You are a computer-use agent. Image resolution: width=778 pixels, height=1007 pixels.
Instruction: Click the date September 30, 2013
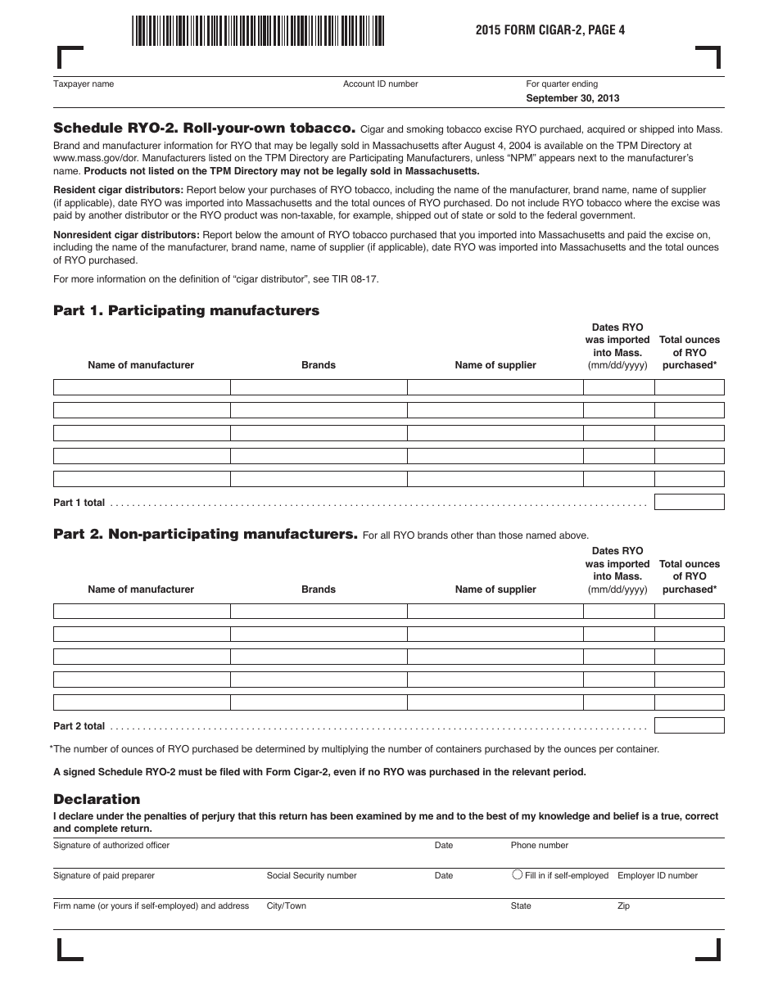572,98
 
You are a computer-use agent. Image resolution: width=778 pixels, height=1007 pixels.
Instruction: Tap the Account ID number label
380,84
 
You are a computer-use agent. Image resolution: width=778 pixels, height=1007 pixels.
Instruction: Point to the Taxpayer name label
84,84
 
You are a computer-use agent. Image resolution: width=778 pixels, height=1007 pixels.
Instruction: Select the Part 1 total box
689,502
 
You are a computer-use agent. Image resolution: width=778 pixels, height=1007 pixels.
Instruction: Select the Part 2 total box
689,725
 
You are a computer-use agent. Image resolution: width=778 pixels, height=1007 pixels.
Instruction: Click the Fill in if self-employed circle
517,874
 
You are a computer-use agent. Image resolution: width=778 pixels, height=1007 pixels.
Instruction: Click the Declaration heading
97,799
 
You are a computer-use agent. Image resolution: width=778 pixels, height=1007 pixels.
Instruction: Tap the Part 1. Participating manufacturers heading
186,310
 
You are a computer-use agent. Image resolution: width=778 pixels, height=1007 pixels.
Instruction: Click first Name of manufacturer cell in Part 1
142,387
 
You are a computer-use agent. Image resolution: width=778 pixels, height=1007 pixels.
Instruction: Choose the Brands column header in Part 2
319,589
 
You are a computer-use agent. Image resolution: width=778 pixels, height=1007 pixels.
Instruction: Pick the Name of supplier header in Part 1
495,365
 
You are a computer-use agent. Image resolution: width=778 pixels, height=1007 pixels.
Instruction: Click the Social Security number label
311,875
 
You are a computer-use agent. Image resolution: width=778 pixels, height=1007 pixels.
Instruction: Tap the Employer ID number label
658,875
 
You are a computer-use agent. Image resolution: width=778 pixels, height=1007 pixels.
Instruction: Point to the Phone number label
539,845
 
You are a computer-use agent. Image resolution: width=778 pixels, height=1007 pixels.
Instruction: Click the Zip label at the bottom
623,906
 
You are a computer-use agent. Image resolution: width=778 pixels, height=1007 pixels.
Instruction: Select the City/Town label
286,906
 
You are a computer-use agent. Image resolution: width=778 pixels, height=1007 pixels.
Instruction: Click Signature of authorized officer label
111,845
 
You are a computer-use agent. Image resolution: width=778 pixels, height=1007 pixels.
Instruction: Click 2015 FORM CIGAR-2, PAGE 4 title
544,30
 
